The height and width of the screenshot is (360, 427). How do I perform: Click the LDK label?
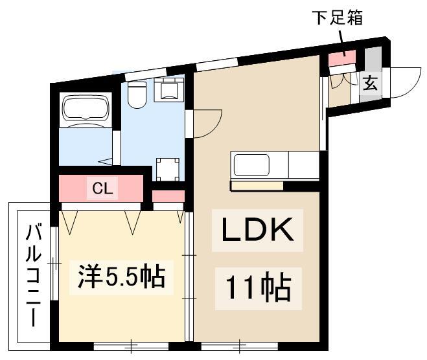(258, 230)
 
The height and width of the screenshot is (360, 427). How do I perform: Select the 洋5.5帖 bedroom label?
(122, 276)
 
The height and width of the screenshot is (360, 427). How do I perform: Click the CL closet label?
(102, 188)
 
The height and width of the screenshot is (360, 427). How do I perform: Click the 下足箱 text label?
(338, 18)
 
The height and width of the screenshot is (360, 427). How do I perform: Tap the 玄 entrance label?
(371, 83)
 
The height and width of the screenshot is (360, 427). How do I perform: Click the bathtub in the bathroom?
(86, 107)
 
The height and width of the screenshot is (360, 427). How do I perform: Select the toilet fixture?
(137, 93)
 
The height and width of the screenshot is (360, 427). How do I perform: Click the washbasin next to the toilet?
(169, 90)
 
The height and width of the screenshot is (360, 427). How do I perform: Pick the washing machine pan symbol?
(168, 169)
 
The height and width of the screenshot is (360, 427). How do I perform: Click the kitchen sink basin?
(251, 165)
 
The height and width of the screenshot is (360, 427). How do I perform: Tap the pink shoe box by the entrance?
(342, 58)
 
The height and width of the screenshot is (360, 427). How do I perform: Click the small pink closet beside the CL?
(168, 196)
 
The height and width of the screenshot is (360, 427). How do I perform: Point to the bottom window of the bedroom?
(132, 346)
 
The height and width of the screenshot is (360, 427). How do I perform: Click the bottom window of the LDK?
(240, 346)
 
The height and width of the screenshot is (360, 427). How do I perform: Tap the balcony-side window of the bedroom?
(54, 264)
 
